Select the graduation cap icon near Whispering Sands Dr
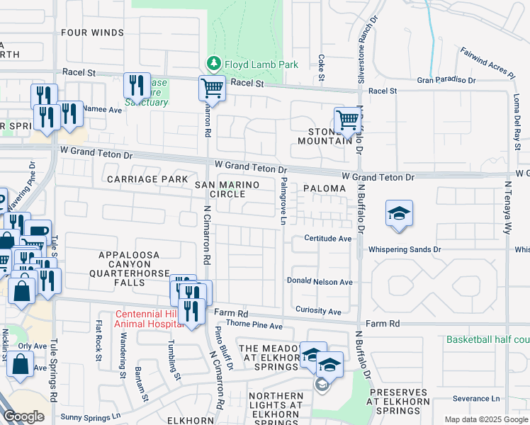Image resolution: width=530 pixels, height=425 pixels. [x=399, y=212]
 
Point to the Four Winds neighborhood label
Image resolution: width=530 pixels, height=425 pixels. [x=92, y=33]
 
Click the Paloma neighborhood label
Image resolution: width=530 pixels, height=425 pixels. [x=324, y=188]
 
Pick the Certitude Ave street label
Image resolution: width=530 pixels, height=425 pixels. [x=328, y=239]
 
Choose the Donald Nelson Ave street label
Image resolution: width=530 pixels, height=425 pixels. [x=320, y=281]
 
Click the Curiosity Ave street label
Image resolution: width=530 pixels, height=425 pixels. [x=318, y=311]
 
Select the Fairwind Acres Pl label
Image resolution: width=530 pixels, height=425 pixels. [x=487, y=62]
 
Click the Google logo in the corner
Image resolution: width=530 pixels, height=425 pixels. [x=24, y=416]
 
